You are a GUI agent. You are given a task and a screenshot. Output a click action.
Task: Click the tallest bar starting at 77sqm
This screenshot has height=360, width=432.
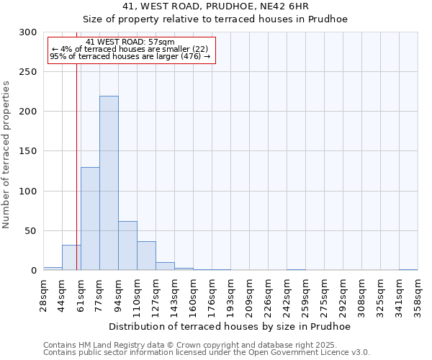coord(109,184)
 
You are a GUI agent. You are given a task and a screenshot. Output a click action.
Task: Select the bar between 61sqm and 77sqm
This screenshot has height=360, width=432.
coord(90,219)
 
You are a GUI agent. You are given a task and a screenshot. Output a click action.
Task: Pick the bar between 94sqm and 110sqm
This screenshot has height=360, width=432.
coord(127,246)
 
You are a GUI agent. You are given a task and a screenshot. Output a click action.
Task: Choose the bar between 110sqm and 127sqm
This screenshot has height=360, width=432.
coord(146,256)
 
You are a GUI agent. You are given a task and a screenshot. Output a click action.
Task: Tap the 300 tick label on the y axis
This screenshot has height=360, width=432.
coord(28,32)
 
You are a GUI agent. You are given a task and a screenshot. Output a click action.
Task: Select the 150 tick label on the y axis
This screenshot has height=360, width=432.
coord(28,151)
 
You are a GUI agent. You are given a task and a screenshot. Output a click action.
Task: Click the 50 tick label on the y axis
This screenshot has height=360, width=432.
coord(31,231)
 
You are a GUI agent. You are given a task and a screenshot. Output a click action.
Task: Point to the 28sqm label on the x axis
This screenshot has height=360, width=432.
coord(43,294)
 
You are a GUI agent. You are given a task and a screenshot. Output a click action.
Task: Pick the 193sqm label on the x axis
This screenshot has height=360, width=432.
coord(230,294)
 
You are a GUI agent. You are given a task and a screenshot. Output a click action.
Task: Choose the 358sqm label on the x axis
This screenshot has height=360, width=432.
coord(418,294)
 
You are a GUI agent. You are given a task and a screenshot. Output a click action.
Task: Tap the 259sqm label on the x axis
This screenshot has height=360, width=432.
coord(305,294)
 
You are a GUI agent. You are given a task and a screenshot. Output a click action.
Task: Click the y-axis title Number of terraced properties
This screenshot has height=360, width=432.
coord(6,155)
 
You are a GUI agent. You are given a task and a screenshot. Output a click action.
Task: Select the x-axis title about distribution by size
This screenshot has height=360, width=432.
coord(230,326)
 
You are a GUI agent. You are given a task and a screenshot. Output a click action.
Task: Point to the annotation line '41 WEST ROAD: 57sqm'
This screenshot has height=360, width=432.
coord(130,42)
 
